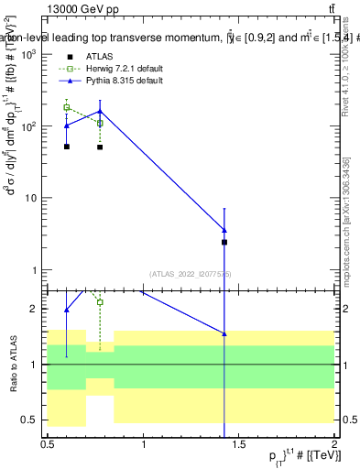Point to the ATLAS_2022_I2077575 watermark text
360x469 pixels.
[x=191, y=273]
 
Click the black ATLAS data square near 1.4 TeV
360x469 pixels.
[x=224, y=242]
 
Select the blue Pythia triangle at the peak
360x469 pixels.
[x=100, y=111]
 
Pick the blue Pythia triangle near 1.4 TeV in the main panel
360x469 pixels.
[x=224, y=229]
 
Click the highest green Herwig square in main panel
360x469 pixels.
[x=67, y=107]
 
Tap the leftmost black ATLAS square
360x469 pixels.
[x=67, y=147]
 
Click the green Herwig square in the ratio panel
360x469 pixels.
[x=100, y=302]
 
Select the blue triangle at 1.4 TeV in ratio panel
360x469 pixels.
[x=224, y=333]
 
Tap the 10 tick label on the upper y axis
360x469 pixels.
[x=31, y=198]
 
